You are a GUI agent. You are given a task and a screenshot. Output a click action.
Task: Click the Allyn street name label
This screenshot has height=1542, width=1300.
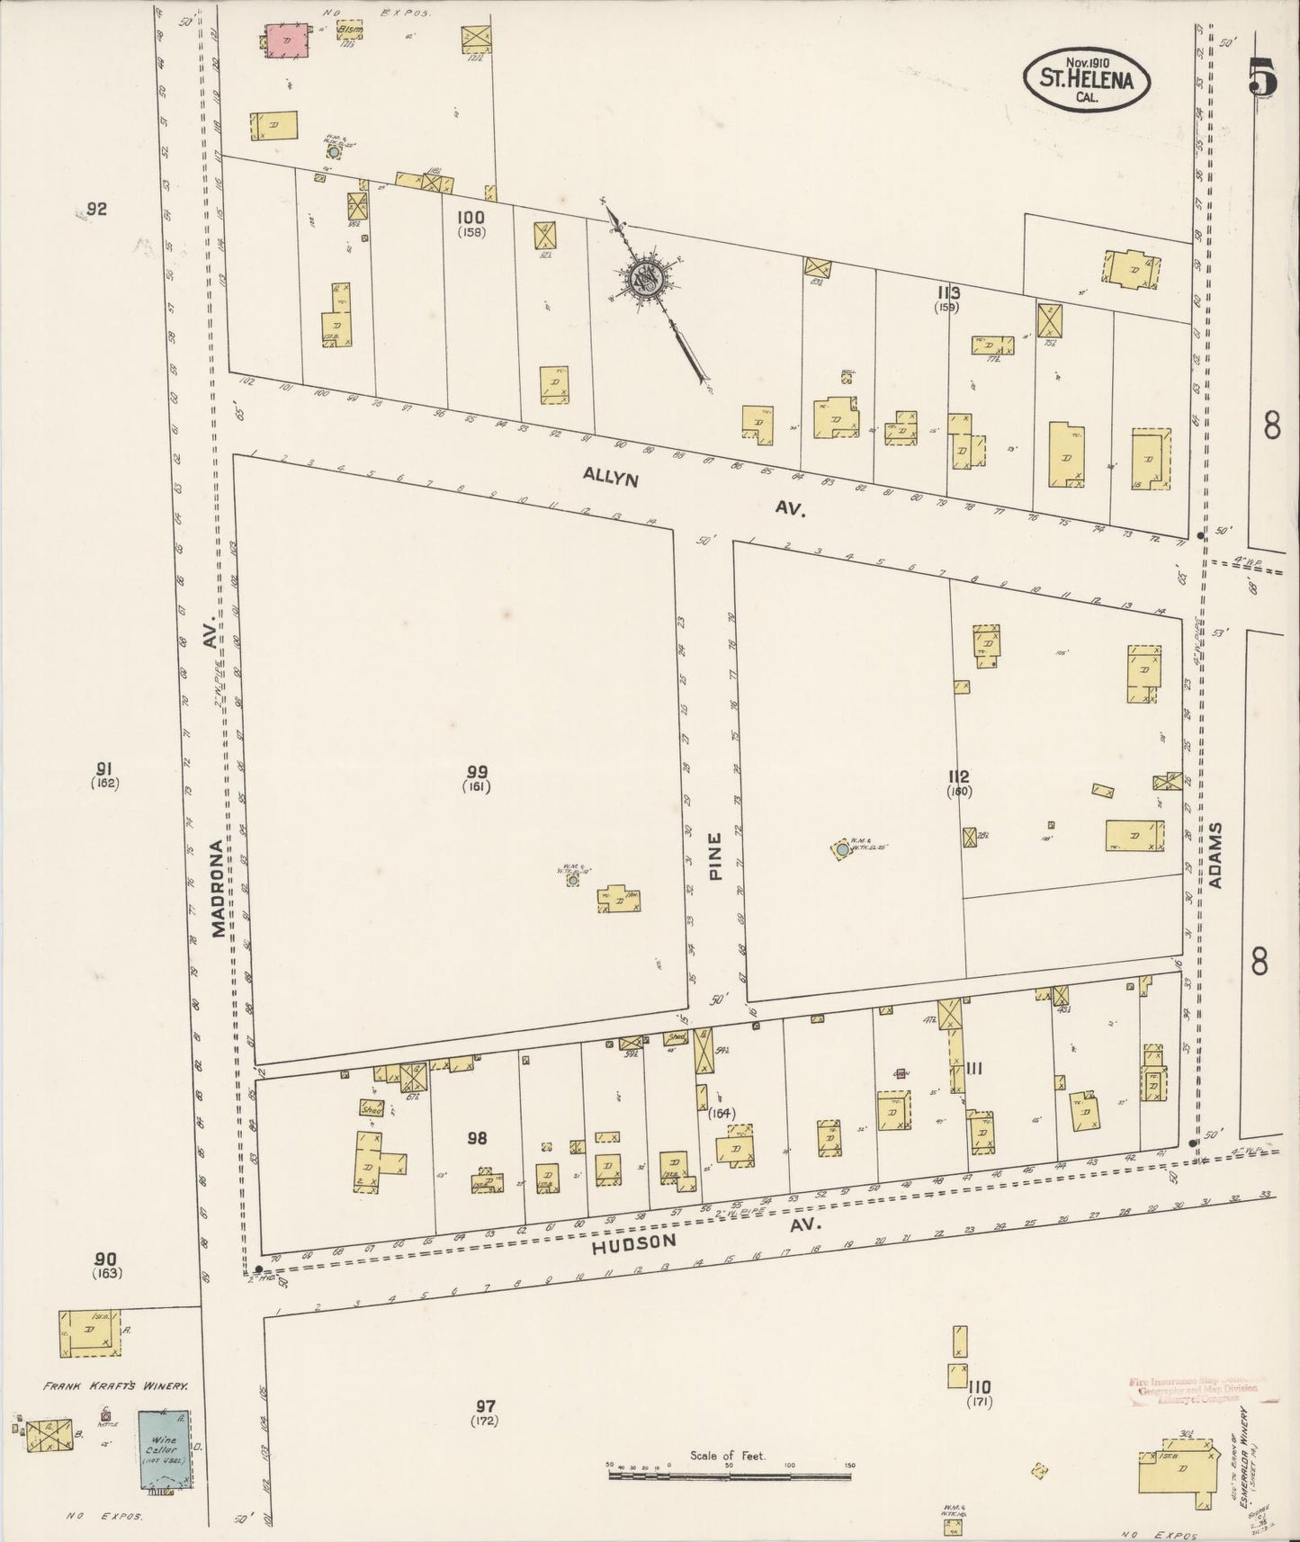[x=611, y=476]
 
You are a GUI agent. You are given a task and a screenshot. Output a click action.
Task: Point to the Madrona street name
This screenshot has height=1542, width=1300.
[x=218, y=889]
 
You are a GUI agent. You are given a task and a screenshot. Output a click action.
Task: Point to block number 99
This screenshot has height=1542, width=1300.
[x=478, y=771]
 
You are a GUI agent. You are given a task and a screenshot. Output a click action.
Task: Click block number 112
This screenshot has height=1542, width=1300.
[x=958, y=776]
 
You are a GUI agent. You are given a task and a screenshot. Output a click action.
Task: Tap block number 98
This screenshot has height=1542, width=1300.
[x=477, y=1138]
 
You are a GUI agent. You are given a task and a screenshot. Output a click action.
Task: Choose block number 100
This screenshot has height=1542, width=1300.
[x=471, y=217]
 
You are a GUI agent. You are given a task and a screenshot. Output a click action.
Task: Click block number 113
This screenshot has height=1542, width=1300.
[x=948, y=292]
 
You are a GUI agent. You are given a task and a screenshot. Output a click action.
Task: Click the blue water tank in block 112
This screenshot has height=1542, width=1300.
[x=841, y=848]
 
